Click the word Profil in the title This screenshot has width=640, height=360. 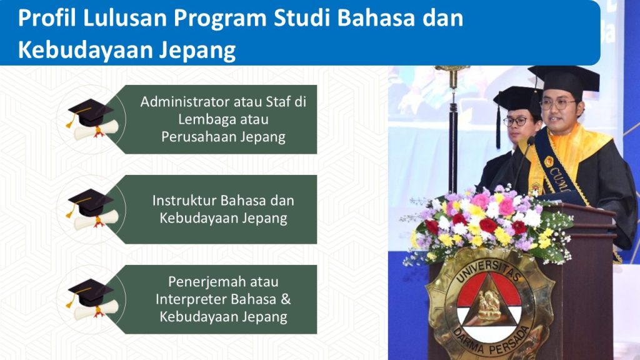[47, 18]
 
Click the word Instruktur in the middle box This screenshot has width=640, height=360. [184, 201]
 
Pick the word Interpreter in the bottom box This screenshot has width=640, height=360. [191, 299]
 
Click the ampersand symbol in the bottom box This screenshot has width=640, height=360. [286, 299]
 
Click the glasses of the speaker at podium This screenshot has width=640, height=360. [557, 104]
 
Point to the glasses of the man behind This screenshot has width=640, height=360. [516, 121]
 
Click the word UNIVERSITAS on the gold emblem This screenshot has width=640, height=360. [487, 270]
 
